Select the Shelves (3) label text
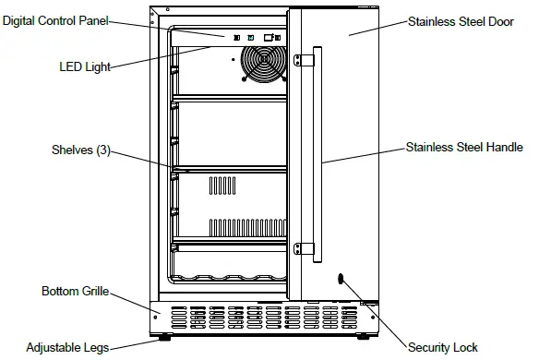pyautogui.click(x=81, y=150)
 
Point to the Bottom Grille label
pyautogui.click(x=75, y=291)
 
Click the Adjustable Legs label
pyautogui.click(x=67, y=348)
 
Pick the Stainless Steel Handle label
pyautogui.click(x=464, y=147)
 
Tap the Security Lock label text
pyautogui.click(x=443, y=347)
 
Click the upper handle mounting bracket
pyautogui.click(x=299, y=61)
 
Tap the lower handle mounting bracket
pyautogui.click(x=299, y=248)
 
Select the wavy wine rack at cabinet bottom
pyautogui.click(x=231, y=277)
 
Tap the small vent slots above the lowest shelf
pyautogui.click(x=245, y=225)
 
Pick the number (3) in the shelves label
pyautogui.click(x=102, y=150)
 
